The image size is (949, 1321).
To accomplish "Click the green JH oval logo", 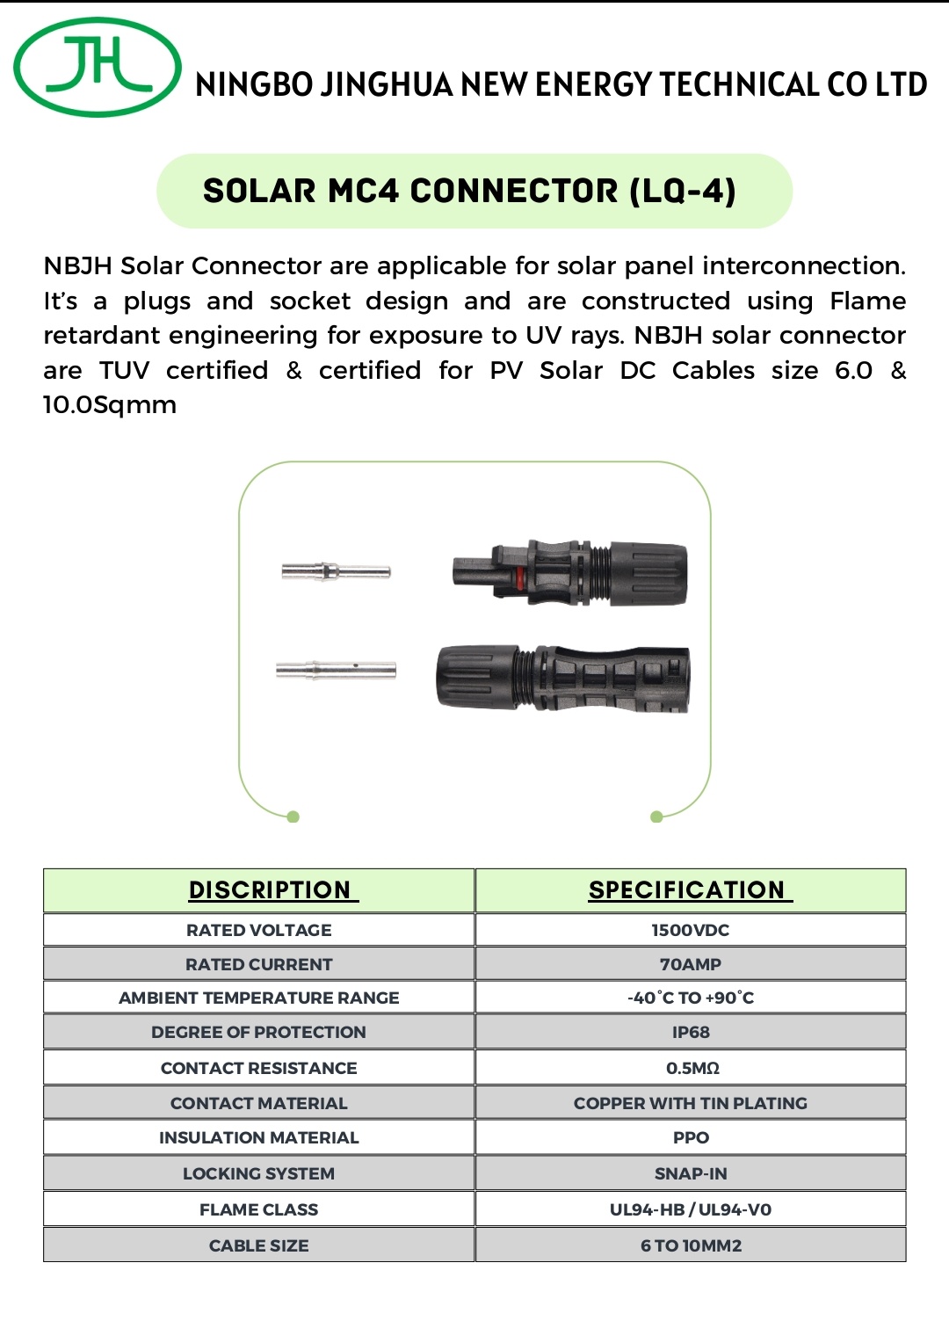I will point(97,68).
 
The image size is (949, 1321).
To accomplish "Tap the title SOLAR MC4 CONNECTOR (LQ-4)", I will point(469,191).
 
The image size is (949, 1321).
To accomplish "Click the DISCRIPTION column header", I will point(271,889).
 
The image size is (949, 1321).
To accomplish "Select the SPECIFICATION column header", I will point(687,889).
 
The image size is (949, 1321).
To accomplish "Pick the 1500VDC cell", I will point(691,930).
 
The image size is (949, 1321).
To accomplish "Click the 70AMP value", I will point(691,964).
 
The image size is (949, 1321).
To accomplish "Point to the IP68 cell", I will point(691,1032).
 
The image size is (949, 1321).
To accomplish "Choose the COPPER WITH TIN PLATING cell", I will point(691,1103).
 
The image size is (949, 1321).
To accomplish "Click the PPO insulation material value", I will point(691,1137).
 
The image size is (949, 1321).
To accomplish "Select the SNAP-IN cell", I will point(691,1173).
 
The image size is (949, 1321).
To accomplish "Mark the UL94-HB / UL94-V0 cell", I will point(691,1209).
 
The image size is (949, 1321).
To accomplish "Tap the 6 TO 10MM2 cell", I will point(691,1245).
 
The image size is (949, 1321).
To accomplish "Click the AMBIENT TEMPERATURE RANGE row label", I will point(259,998).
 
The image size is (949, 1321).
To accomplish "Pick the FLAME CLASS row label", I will point(259,1209).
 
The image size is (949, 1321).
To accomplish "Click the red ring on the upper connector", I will point(519,577).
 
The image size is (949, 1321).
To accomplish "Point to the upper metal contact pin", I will point(336,571).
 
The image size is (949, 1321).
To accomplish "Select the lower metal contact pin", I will point(336,671).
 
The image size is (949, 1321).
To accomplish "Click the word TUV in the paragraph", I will point(124,370).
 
